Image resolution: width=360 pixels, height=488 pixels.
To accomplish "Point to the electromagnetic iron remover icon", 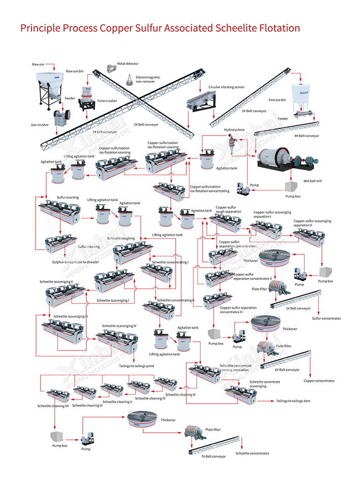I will tap(130, 79).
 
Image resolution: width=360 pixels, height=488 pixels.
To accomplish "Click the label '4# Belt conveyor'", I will tap(307, 136).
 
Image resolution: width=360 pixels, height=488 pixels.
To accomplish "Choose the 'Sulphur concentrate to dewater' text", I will tap(76, 262).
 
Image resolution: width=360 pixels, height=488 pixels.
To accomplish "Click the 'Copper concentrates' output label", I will tap(319, 380).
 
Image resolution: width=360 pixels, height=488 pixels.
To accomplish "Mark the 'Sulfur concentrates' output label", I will tap(326, 318).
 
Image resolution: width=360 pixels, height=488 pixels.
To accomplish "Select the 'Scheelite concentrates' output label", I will tap(252, 453).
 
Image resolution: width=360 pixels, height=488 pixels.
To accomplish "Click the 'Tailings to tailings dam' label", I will tap(293, 401).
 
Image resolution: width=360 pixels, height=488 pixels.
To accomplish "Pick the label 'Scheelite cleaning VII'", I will tap(53, 406).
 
